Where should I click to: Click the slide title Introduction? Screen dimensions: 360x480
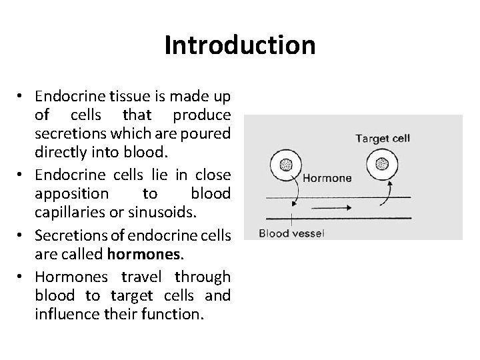click(239, 45)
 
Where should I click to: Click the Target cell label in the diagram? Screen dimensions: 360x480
click(382, 138)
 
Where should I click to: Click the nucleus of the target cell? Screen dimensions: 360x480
click(383, 165)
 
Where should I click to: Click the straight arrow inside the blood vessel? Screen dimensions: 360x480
click(327, 207)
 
